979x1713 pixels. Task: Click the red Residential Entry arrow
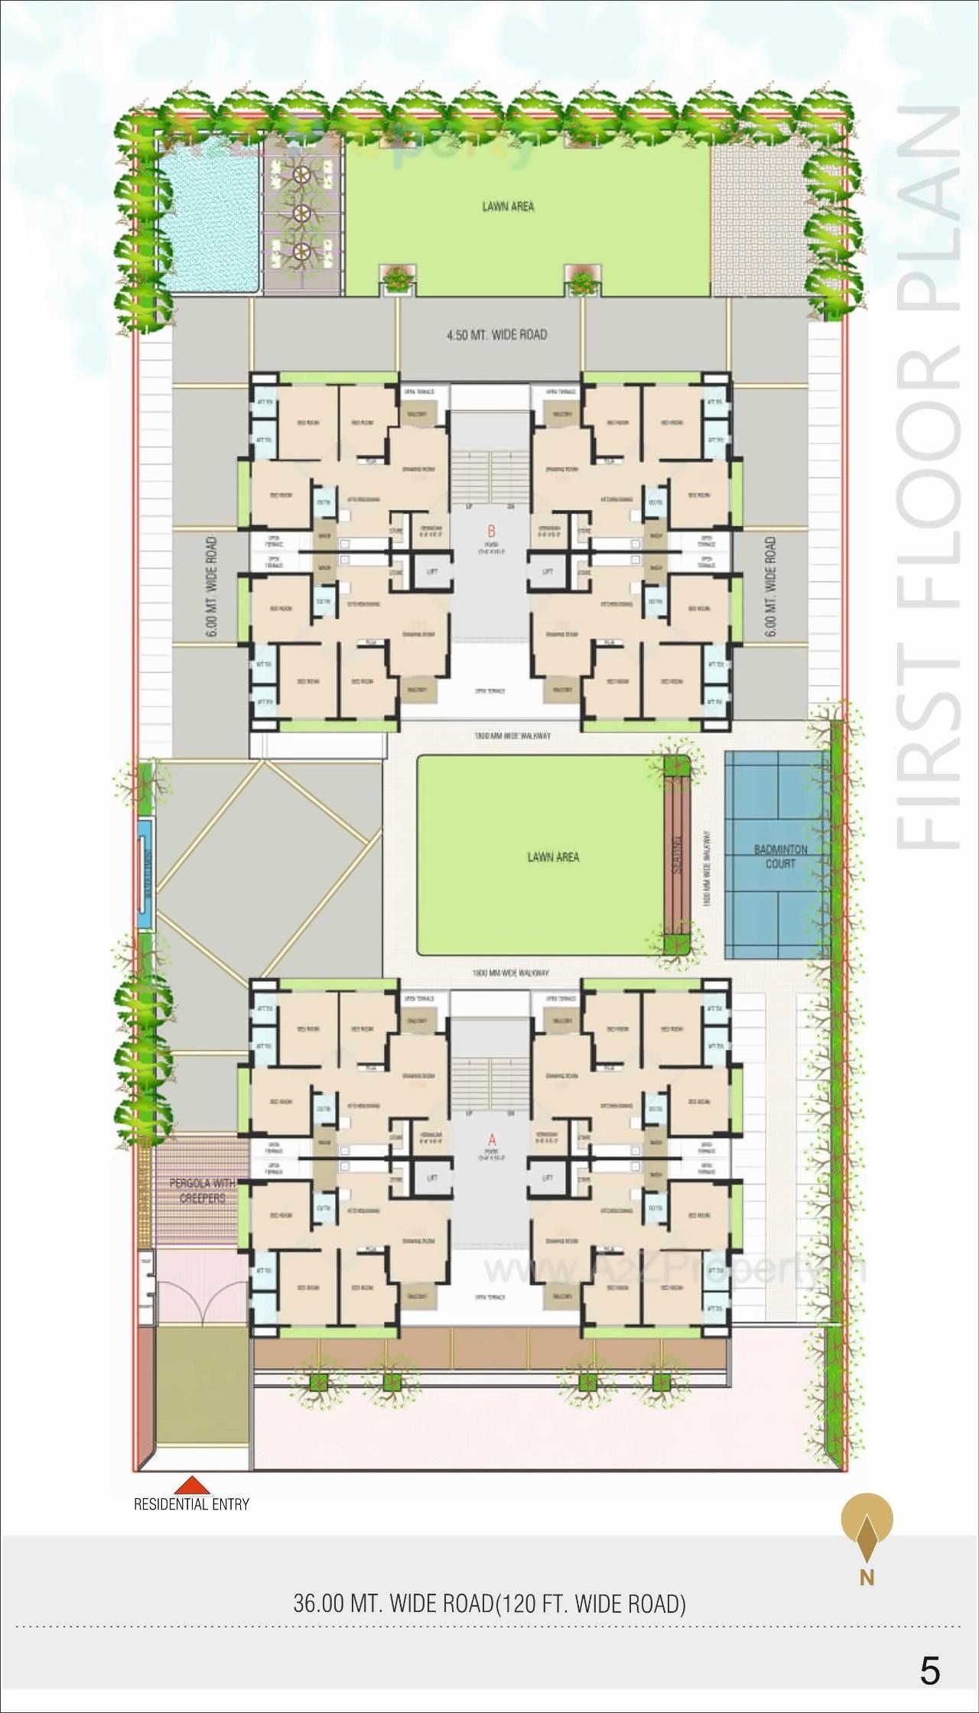point(192,1485)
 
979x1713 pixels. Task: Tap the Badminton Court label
point(780,856)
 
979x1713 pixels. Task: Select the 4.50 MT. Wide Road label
point(497,334)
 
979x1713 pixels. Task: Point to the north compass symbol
point(867,1529)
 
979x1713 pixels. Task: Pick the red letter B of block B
point(491,531)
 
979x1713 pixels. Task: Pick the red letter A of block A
point(491,1140)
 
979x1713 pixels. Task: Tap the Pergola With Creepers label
point(203,1191)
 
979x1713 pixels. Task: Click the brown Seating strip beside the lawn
point(677,855)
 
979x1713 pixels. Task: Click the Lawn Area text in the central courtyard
point(553,857)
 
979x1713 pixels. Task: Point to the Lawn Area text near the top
point(508,206)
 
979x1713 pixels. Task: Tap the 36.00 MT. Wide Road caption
point(489,1604)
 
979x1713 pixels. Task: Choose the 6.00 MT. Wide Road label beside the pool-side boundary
point(212,587)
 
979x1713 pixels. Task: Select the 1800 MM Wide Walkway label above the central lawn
point(512,736)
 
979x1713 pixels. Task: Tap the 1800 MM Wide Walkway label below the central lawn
point(510,973)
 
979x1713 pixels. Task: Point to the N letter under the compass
point(867,1578)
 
